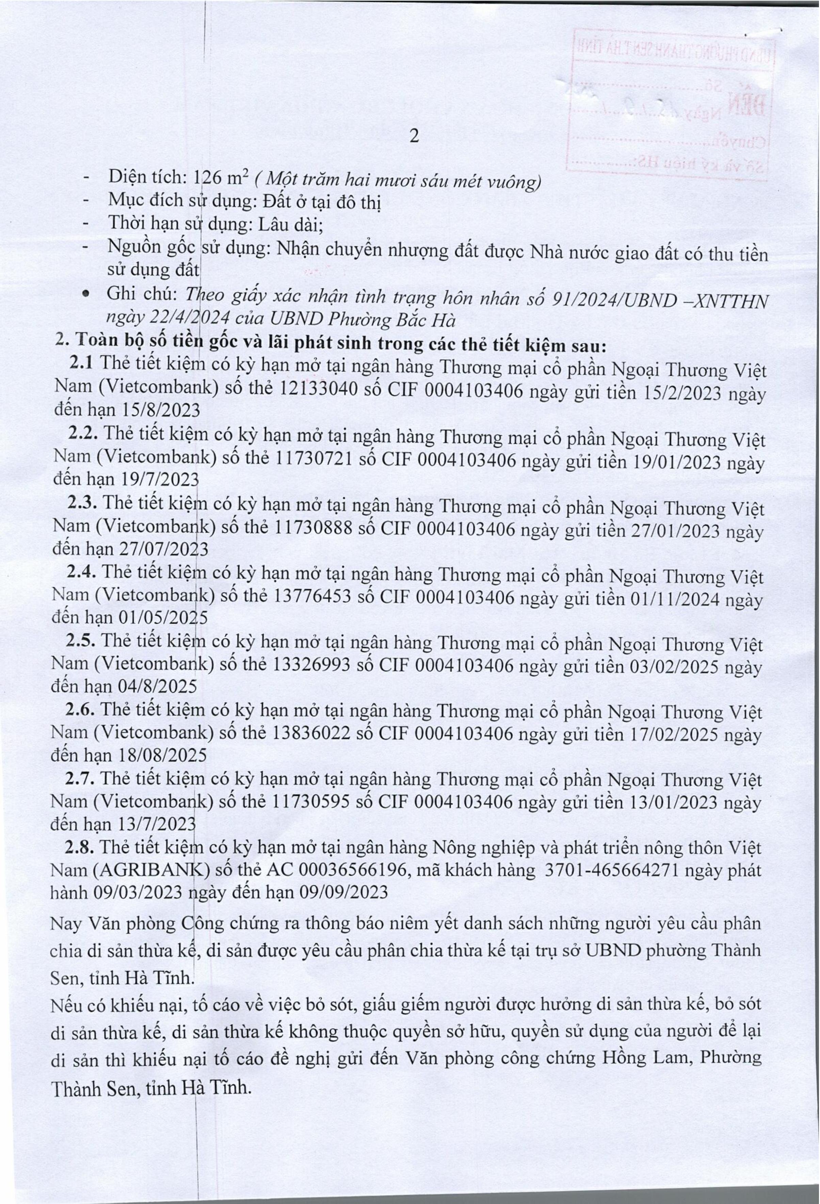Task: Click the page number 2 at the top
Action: tap(413, 136)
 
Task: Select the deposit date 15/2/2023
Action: tap(676, 392)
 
